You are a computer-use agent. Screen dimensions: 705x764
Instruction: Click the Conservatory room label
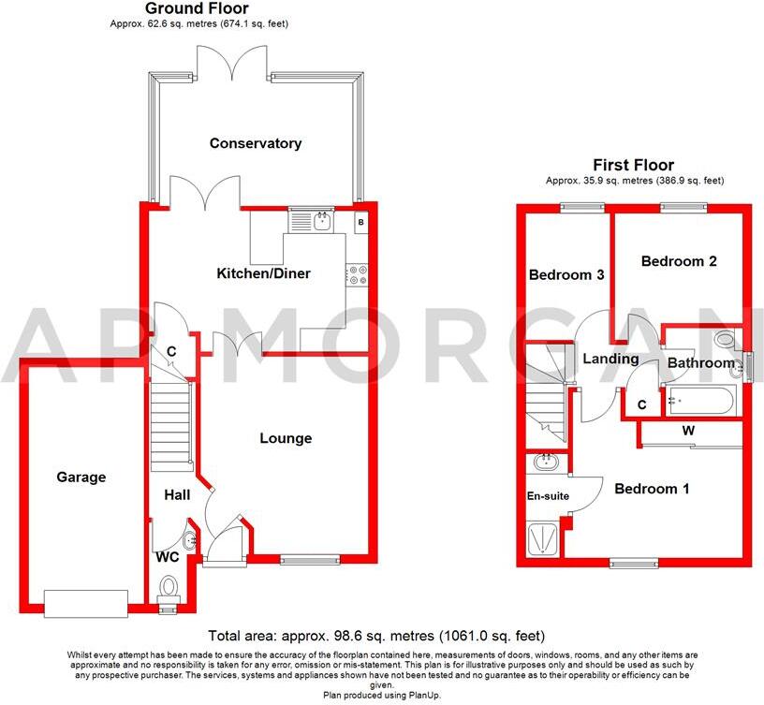[256, 143]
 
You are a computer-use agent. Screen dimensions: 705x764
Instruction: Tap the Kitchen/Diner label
[263, 273]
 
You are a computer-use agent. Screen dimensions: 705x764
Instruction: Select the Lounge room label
[286, 438]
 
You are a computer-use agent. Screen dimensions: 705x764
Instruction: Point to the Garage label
[80, 477]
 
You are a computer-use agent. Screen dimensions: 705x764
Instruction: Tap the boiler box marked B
[361, 222]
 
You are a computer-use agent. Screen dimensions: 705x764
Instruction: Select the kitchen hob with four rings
[359, 272]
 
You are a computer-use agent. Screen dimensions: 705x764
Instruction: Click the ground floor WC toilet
[169, 588]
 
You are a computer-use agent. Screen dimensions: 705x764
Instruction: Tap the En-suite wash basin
[544, 463]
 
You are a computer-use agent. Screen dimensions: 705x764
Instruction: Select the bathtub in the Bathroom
[701, 400]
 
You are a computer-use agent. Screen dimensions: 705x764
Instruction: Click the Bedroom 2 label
[679, 262]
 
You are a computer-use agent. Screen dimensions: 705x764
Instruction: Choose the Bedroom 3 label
[566, 275]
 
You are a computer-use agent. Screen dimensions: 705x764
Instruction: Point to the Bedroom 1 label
[652, 488]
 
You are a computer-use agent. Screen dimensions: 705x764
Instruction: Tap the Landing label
[610, 359]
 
